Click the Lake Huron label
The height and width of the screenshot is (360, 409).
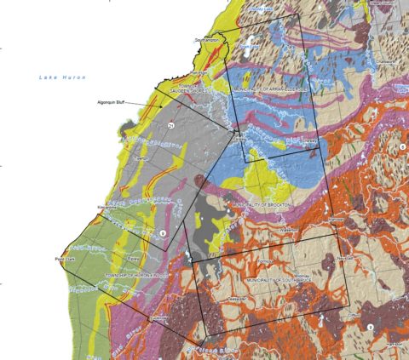tap(58, 77)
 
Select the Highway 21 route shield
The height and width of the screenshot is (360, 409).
tap(171, 126)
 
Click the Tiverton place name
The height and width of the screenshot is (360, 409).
tap(142, 159)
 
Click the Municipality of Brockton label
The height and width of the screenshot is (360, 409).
tap(265, 205)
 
